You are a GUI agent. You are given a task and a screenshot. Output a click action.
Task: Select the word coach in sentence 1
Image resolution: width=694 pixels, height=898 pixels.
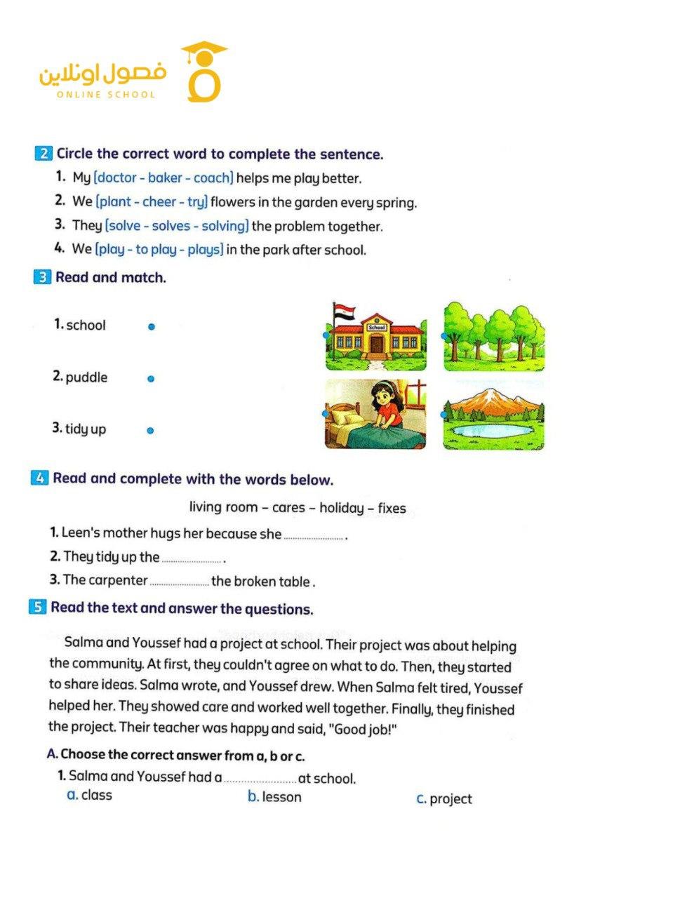(x=212, y=178)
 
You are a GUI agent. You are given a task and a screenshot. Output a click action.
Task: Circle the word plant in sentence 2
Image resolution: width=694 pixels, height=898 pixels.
(x=115, y=202)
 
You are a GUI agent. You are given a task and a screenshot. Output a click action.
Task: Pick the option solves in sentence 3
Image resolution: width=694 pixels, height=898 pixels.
(x=171, y=226)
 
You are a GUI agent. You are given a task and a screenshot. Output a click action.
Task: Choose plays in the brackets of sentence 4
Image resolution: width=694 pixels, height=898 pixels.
(x=204, y=250)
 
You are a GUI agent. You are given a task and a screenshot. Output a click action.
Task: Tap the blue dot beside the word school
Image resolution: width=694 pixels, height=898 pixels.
(x=151, y=327)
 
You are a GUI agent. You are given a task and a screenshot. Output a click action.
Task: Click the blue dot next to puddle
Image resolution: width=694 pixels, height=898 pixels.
(x=150, y=379)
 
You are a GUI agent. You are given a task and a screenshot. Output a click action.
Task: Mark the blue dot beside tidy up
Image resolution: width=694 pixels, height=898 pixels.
(x=150, y=431)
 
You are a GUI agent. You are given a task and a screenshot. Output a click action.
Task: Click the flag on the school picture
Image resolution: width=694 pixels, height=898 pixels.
(x=344, y=312)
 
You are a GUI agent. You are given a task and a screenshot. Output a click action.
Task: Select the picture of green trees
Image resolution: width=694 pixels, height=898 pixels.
(x=494, y=337)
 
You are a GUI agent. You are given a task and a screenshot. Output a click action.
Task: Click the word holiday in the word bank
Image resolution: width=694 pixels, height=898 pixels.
(x=341, y=508)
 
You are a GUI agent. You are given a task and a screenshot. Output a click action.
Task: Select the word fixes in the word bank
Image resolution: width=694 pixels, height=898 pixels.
(x=392, y=508)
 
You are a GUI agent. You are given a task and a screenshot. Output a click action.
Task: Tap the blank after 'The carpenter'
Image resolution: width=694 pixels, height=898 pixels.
(x=179, y=582)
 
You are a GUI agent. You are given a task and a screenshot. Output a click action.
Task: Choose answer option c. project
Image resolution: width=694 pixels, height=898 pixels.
(x=444, y=799)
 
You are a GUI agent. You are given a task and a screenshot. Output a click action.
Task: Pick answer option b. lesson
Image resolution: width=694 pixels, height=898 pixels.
(x=274, y=797)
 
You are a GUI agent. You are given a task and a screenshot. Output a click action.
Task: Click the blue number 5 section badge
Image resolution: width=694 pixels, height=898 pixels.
(x=37, y=607)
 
